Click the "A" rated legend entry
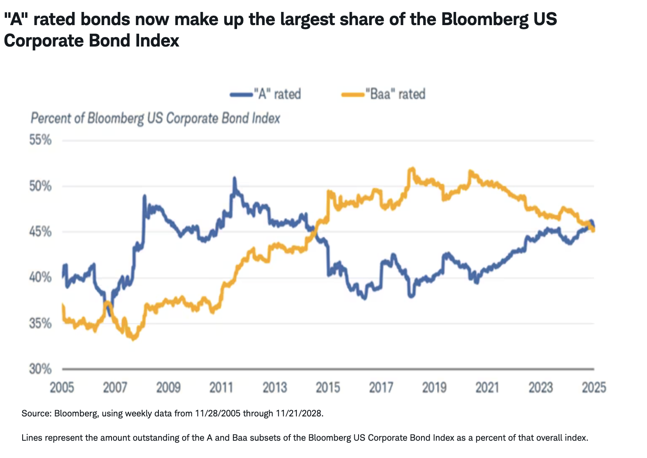pos(266,94)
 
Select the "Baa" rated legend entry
pos(384,94)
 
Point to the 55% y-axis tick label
pos(40,140)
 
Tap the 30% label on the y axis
pos(40,369)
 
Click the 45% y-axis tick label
pos(40,231)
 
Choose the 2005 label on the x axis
pos(62,388)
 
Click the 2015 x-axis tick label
pos(328,388)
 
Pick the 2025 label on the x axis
pos(593,388)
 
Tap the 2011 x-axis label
pos(221,388)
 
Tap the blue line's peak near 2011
pos(235,178)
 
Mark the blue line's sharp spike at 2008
pos(144,196)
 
